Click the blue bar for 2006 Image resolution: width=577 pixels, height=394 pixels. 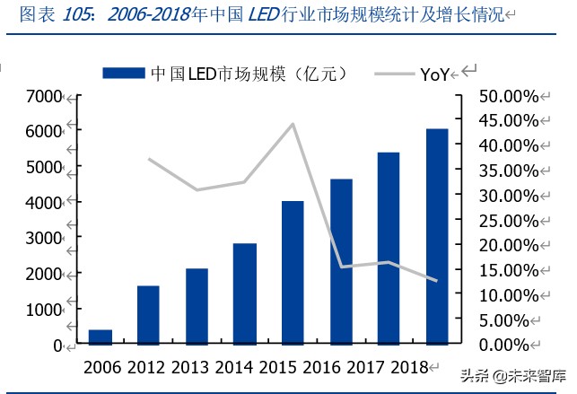101,337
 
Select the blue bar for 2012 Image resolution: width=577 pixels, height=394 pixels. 148,315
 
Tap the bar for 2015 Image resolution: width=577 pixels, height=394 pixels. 293,273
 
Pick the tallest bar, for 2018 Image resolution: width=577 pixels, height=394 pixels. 437,237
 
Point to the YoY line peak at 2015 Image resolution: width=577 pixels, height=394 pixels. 293,124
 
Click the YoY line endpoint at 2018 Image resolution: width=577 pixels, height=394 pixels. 437,281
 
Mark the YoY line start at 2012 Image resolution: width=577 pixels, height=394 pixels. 148,159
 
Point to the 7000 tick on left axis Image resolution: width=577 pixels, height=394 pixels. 44,96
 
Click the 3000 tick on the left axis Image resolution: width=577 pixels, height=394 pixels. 44,238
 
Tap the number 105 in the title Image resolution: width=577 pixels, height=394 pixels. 79,14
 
